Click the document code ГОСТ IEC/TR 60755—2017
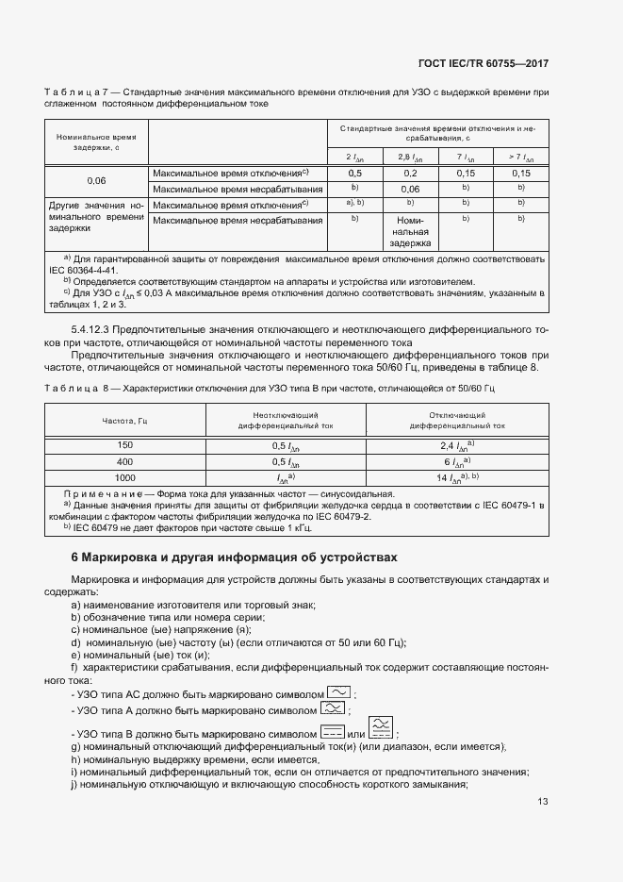tap(484, 64)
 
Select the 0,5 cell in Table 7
tap(355, 174)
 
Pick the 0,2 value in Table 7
tap(411, 174)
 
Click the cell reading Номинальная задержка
tap(411, 231)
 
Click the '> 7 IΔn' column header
tap(521, 158)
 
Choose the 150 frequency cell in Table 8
tap(125, 444)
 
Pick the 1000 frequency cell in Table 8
tap(125, 478)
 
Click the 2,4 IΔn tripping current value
tap(457, 444)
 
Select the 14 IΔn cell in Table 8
tap(457, 478)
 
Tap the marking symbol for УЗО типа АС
tap(338, 691)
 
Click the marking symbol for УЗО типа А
tap(333, 708)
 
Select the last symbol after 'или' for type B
tap(382, 728)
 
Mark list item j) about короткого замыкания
tap(270, 786)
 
